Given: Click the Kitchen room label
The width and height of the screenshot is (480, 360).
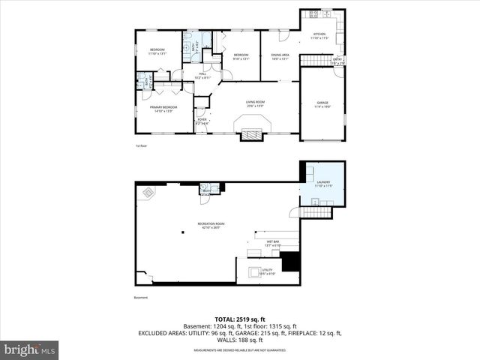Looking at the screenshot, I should [319, 35].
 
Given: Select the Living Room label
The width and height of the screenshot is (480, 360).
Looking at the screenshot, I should [256, 102].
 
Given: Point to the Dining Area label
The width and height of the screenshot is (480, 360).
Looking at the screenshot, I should [279, 56].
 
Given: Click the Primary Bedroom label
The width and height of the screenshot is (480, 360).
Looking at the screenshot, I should [163, 108].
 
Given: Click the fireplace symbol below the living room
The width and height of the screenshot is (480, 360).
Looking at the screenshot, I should [252, 135].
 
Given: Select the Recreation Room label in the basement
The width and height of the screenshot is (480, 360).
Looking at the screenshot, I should [211, 225].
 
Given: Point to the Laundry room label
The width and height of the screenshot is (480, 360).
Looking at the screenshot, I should [323, 183].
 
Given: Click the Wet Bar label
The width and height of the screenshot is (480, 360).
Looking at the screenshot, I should [272, 243].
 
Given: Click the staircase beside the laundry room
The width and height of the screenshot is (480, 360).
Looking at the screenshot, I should [315, 213].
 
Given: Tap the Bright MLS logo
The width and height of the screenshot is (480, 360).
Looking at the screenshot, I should [30, 349].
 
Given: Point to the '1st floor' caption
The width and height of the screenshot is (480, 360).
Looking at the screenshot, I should [140, 146].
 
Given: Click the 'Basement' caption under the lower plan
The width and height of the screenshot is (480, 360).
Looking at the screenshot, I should [141, 298].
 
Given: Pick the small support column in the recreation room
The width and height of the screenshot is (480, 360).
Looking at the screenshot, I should [182, 232].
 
